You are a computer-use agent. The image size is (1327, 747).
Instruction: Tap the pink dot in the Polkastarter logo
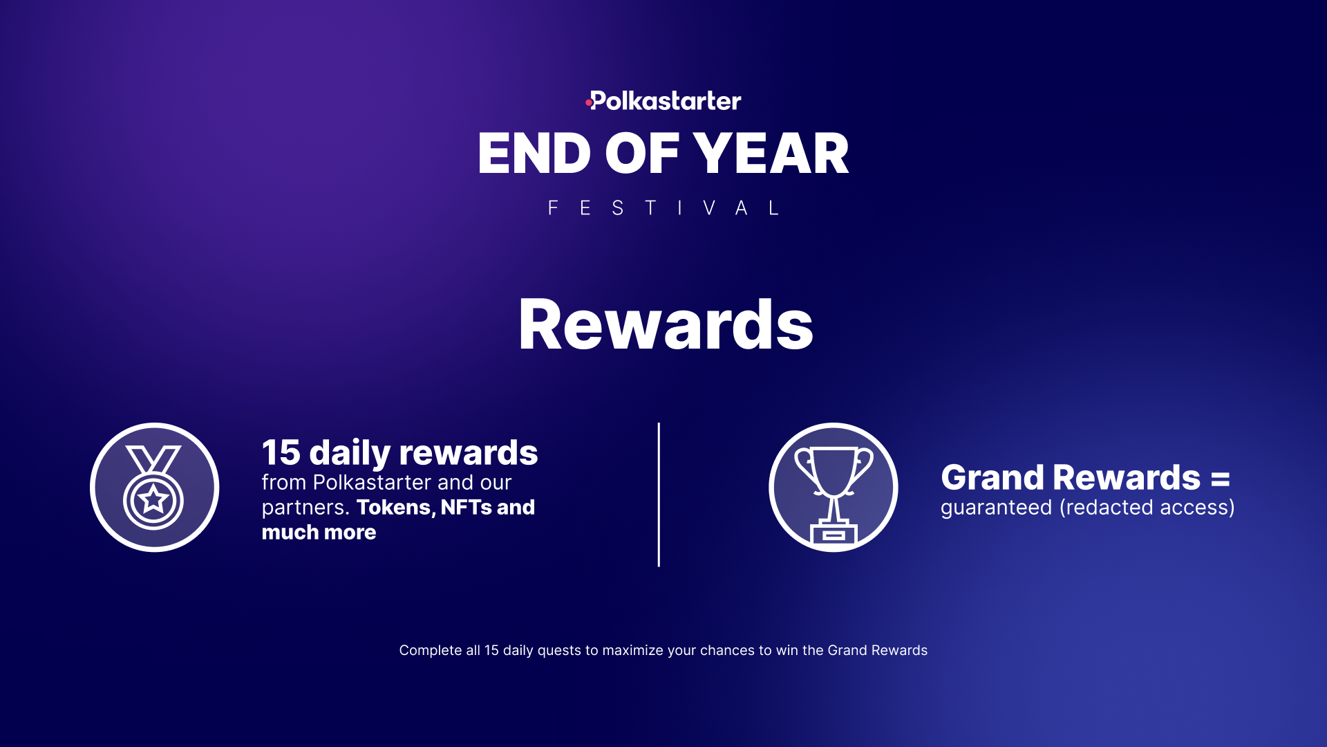(x=588, y=103)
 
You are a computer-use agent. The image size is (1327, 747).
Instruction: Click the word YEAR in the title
(x=771, y=154)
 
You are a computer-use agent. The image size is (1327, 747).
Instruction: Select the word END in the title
(x=534, y=154)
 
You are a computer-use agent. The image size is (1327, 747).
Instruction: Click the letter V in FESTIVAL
(x=709, y=208)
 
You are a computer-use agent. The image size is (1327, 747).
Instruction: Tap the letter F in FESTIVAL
(x=553, y=208)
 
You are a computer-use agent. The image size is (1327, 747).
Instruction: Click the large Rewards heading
(x=666, y=324)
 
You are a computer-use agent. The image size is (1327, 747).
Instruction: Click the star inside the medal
(x=153, y=499)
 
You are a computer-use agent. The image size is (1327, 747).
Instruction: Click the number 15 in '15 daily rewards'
(x=281, y=453)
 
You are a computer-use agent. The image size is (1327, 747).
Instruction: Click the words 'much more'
(x=319, y=533)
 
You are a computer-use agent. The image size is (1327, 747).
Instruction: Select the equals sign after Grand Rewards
(x=1221, y=479)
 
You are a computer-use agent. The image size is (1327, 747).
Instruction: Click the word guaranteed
(x=996, y=508)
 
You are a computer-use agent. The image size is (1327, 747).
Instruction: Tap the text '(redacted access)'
(x=1147, y=508)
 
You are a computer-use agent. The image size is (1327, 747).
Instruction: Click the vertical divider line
(x=659, y=495)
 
